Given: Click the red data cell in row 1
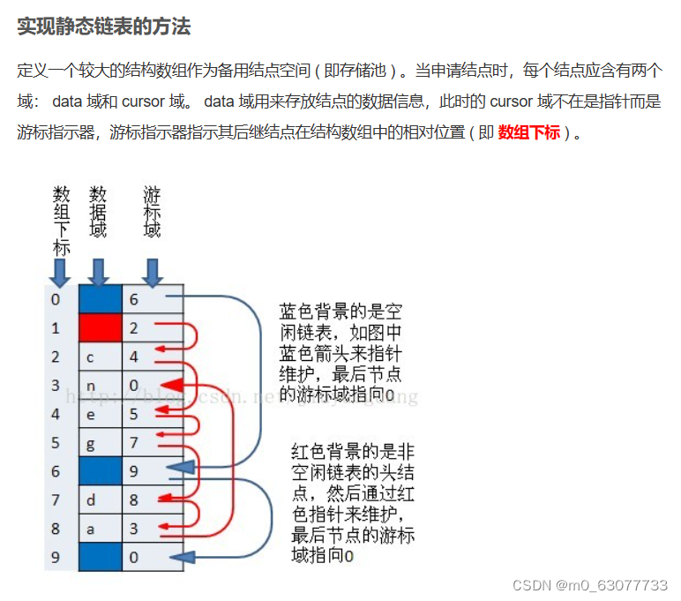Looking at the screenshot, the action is coord(100,328).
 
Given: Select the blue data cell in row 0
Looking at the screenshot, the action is coord(100,299).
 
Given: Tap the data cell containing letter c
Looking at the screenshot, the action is coord(100,357).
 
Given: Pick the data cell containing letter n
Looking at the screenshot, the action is coord(100,386).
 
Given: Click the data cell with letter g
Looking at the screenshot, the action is coord(100,443).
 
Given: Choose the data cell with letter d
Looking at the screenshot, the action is coord(100,500).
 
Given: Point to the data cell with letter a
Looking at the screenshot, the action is coord(100,530).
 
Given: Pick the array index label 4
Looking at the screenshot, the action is coord(56,414).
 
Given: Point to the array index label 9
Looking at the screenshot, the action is coord(56,558).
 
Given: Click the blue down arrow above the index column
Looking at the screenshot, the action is coord(59,272).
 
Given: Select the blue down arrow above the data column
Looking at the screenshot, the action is coord(99,272).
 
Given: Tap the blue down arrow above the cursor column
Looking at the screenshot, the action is coord(153,272).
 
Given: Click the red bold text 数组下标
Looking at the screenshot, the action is coord(528,133).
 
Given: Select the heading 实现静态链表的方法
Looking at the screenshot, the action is coord(103,26).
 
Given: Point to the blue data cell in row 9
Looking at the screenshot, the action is coord(100,558).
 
